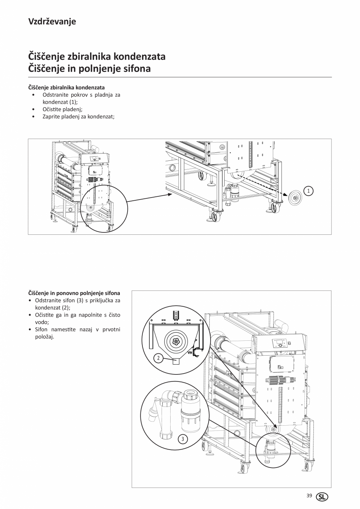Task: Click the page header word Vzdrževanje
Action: pyautogui.click(x=52, y=22)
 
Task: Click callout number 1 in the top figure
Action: pyautogui.click(x=309, y=191)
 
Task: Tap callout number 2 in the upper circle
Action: pyautogui.click(x=158, y=358)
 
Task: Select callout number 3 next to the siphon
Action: pyautogui.click(x=182, y=439)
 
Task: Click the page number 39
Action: pyautogui.click(x=309, y=496)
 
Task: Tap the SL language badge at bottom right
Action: pyautogui.click(x=322, y=496)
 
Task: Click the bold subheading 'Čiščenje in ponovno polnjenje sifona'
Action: pyautogui.click(x=74, y=293)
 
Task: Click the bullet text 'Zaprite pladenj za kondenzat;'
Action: pyautogui.click(x=78, y=116)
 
